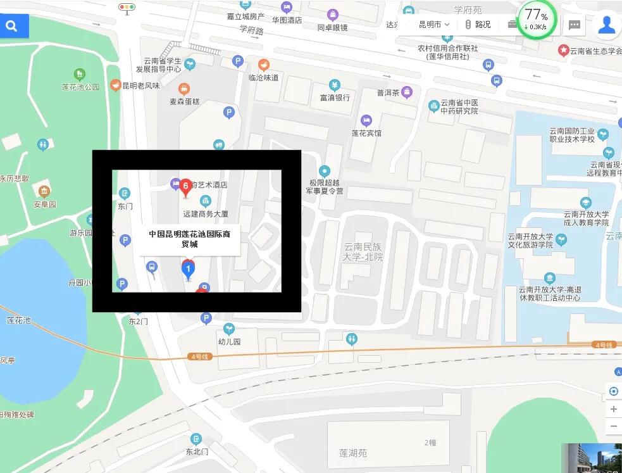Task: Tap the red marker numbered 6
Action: [x=185, y=186]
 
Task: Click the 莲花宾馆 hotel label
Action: [x=366, y=133]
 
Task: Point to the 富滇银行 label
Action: [x=335, y=98]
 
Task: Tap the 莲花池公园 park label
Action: [x=80, y=87]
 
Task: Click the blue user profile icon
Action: [x=607, y=25]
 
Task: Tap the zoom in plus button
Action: [x=613, y=409]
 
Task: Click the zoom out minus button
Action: [x=613, y=426]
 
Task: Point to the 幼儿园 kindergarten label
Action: [x=229, y=341]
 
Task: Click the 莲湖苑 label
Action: [x=352, y=453]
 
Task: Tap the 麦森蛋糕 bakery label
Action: [x=184, y=101]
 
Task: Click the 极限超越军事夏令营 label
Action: [x=325, y=186]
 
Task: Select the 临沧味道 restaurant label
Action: [x=263, y=77]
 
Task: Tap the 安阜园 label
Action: [x=45, y=204]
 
